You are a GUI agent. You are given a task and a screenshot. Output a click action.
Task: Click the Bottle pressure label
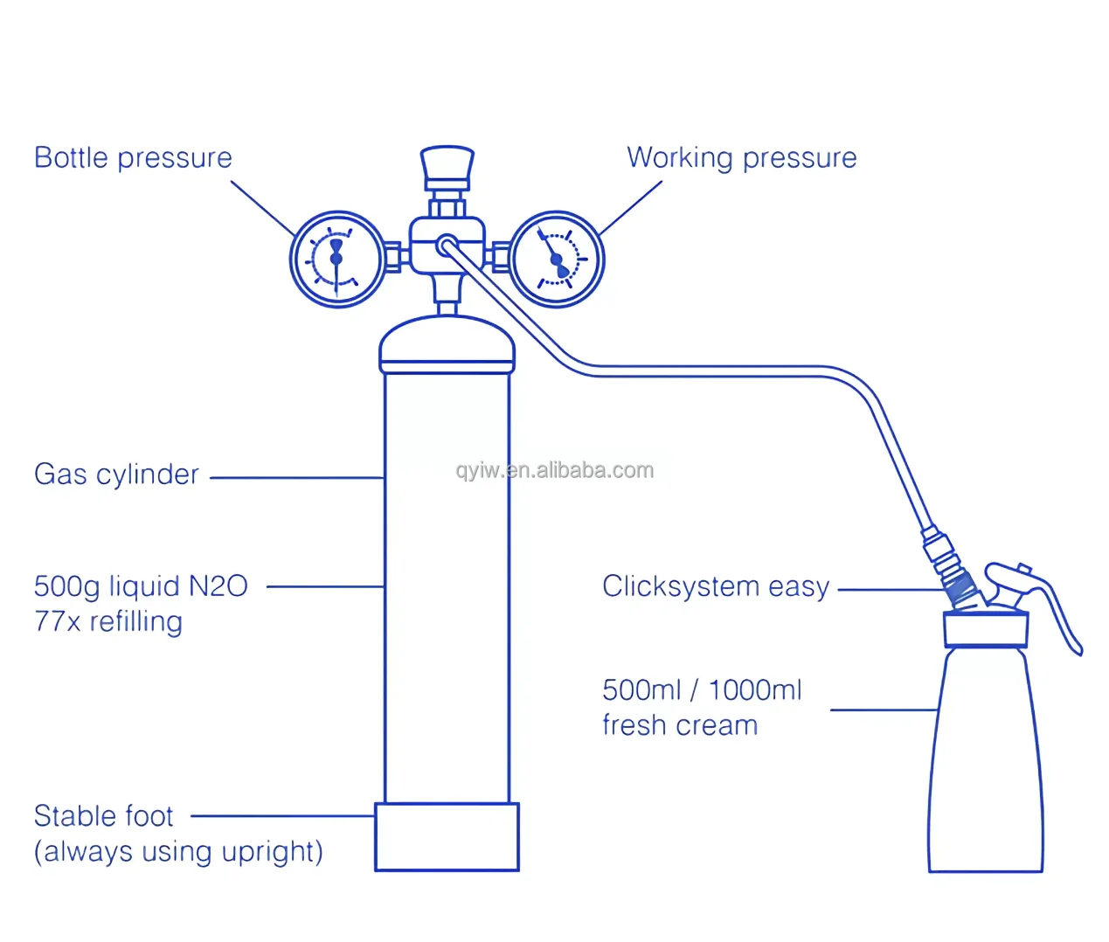coord(133,158)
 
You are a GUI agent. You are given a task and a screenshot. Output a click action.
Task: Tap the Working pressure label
coord(741,158)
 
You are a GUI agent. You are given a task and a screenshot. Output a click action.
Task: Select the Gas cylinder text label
coord(116,474)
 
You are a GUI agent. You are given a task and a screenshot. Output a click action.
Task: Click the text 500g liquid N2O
coord(141,586)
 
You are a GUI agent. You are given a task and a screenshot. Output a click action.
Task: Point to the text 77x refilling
coord(108,622)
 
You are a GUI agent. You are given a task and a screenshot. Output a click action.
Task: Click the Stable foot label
coord(103,816)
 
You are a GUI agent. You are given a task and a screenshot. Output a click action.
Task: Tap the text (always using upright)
coord(178,852)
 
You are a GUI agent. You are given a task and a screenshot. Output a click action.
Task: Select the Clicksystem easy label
coord(715,587)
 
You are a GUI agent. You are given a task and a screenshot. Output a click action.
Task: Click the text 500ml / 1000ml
coord(701,690)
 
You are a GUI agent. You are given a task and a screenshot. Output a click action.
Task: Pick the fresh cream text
coord(679,726)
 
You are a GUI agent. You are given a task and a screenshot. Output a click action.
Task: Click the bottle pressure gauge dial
coord(336,259)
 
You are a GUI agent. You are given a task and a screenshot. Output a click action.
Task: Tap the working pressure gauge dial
coord(557,259)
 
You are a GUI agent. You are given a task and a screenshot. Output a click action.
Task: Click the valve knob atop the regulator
coord(447,166)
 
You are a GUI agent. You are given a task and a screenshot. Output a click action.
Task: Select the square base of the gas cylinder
coord(447,837)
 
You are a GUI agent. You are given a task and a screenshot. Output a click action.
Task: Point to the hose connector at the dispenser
coord(947,564)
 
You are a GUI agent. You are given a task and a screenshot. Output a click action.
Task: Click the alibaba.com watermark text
coord(554,471)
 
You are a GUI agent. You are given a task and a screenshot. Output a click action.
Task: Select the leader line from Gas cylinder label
coord(296,478)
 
